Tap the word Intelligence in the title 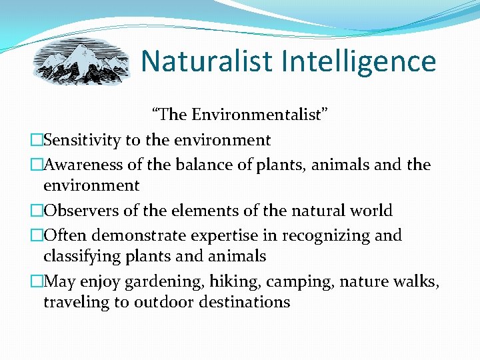tap(359, 62)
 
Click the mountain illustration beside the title tap(82, 61)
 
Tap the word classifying tap(81, 257)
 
